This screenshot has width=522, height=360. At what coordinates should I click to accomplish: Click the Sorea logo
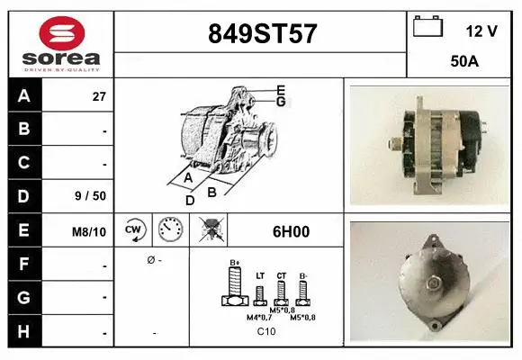point(61,44)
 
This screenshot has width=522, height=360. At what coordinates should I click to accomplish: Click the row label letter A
point(24,96)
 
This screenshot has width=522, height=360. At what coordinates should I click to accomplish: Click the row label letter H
point(24,332)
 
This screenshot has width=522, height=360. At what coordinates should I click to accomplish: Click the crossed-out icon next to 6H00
point(214,231)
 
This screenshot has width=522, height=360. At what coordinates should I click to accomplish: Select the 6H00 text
point(291,231)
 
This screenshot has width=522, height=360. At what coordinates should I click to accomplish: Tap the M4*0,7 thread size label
point(260,317)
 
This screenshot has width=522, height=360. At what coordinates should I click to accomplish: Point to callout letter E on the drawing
point(281,89)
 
